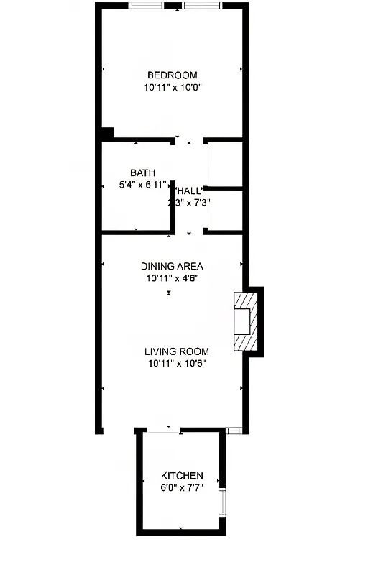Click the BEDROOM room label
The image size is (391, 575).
click(172, 75)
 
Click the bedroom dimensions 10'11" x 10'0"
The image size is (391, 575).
click(172, 88)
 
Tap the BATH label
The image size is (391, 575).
click(142, 172)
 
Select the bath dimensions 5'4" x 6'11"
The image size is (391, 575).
click(142, 185)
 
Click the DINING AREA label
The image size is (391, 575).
click(172, 266)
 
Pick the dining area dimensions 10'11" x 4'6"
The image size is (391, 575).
click(172, 277)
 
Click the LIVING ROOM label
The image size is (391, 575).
click(177, 351)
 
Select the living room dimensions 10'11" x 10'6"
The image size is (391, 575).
click(177, 363)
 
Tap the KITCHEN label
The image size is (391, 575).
click(182, 476)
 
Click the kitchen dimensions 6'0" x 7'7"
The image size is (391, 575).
click(182, 487)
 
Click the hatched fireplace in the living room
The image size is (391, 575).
click(247, 321)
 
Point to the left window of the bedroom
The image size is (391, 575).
click(146, 6)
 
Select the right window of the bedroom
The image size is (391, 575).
click(202, 6)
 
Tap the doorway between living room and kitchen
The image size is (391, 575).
click(163, 431)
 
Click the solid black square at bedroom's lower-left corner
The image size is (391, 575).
click(106, 133)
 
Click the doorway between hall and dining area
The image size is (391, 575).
click(189, 232)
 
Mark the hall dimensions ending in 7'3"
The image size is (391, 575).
click(189, 203)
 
